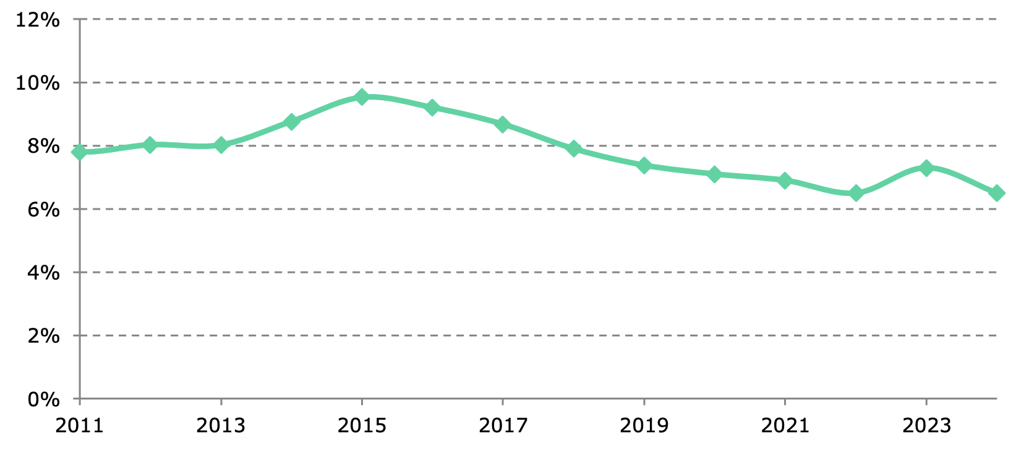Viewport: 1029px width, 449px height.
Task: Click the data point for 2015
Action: (362, 96)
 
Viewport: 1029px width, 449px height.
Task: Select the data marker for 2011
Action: (80, 152)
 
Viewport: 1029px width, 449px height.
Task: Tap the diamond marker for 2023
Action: (926, 168)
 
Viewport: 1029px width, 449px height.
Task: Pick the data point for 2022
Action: (856, 193)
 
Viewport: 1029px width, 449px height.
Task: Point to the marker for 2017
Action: (503, 124)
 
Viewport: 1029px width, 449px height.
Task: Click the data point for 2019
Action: (644, 165)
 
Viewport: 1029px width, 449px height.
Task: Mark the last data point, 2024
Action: (996, 193)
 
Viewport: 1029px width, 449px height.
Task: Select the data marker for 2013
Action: (221, 145)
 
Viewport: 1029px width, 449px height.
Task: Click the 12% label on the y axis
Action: (38, 20)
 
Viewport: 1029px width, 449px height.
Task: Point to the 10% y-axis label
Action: (38, 83)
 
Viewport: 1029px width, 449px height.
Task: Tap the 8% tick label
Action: (44, 147)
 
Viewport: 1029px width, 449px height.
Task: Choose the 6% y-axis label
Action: (44, 210)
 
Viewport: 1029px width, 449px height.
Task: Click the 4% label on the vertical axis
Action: (44, 273)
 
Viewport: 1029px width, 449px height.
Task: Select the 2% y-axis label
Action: (44, 336)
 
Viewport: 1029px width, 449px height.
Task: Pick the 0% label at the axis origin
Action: (44, 400)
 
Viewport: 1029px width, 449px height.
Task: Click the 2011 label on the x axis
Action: (80, 425)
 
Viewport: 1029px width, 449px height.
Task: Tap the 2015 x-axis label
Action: (362, 425)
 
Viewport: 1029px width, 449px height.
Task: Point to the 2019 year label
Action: (644, 425)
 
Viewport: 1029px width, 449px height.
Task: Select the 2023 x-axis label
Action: (926, 425)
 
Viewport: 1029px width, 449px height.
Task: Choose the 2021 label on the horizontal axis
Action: (785, 425)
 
